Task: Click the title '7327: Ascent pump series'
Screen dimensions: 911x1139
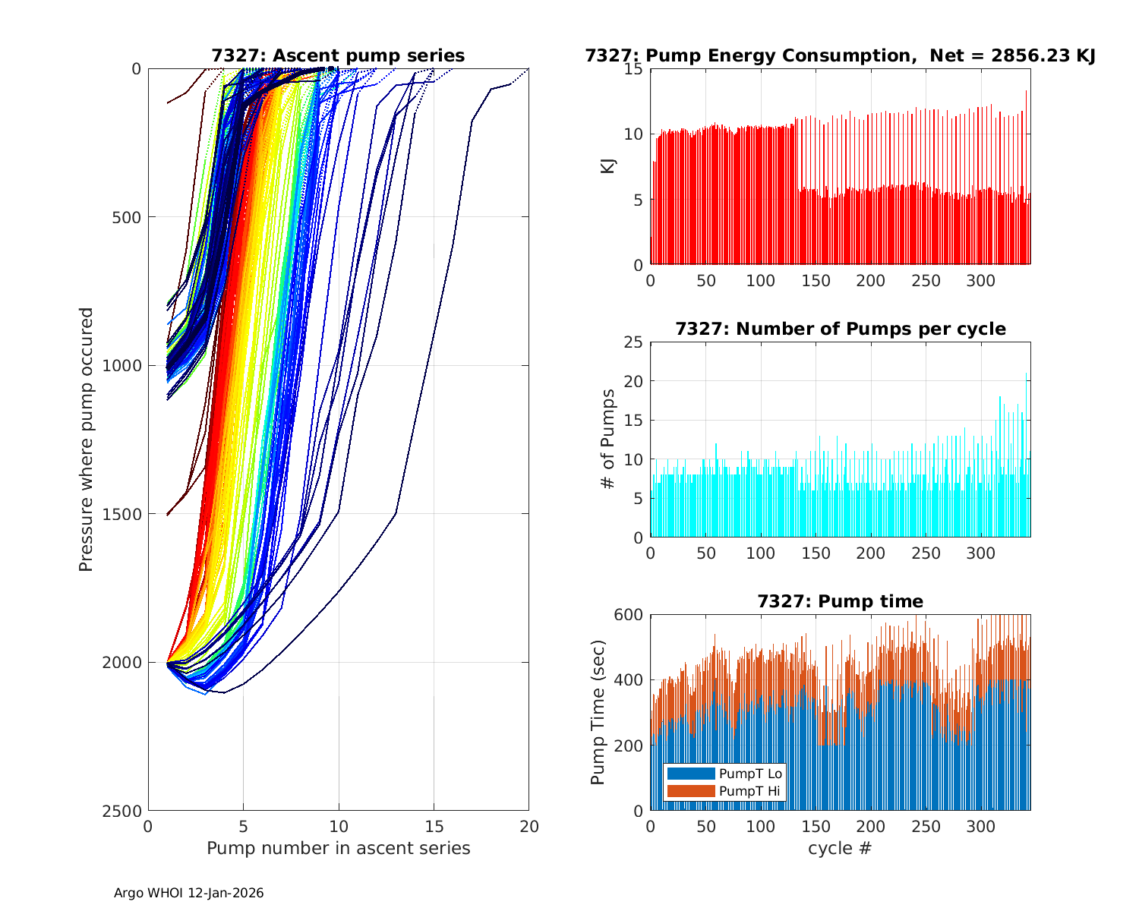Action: pos(338,56)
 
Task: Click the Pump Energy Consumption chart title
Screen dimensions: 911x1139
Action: pos(840,56)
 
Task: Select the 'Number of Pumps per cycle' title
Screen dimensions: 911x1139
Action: pos(840,329)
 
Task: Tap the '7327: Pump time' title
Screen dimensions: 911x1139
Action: pos(840,602)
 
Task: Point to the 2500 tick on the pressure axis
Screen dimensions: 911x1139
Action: pos(125,811)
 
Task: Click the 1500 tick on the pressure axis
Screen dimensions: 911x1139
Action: pos(125,514)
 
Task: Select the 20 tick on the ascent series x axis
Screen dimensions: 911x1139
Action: pos(528,827)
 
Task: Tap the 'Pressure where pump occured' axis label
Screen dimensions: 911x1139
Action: pos(87,440)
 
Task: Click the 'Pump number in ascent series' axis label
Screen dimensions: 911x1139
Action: pos(338,848)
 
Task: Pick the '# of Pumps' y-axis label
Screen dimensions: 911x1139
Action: pos(608,439)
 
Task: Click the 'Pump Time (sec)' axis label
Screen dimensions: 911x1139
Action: pos(598,712)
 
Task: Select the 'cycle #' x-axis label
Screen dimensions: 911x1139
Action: pos(840,848)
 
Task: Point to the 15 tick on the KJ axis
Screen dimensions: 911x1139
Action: pos(633,69)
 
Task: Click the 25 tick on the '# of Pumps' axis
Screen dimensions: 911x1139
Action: pos(633,342)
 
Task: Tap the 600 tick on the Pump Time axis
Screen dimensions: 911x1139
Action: pos(628,615)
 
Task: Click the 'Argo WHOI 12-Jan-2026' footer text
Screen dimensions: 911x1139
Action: pos(189,894)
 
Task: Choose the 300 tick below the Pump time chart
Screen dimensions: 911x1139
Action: pos(980,827)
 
